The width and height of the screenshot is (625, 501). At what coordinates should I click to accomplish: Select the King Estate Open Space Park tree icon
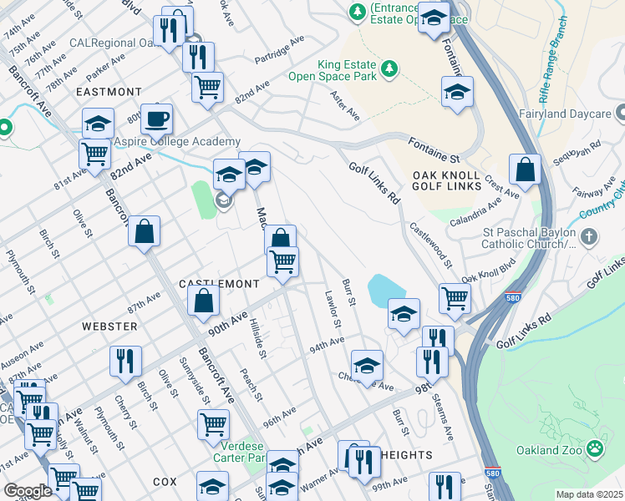[389, 67]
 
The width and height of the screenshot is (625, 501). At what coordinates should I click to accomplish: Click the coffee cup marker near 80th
[156, 119]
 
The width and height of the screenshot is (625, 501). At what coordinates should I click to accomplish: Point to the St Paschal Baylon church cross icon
[590, 238]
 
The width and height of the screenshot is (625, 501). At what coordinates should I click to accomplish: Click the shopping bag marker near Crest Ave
[526, 171]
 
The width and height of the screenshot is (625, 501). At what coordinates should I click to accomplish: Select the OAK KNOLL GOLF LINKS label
[447, 180]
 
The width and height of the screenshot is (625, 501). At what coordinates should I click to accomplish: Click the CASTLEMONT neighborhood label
[219, 284]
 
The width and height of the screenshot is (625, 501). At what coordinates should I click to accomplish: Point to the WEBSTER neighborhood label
[109, 326]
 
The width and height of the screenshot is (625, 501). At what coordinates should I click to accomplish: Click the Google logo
[27, 491]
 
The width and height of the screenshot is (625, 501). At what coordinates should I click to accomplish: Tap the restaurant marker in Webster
[122, 362]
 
